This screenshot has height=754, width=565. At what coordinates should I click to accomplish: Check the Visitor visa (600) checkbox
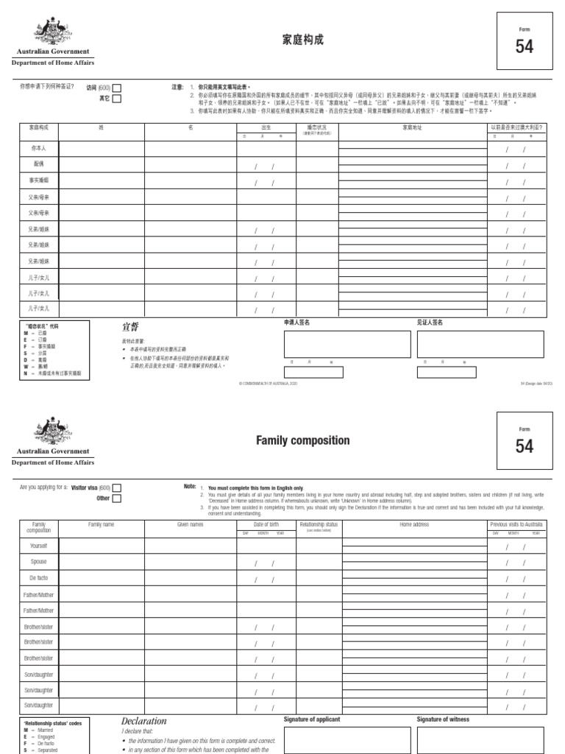(x=117, y=487)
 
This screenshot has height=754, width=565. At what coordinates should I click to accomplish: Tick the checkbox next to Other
(x=117, y=498)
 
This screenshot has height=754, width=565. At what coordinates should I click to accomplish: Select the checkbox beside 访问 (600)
(x=117, y=88)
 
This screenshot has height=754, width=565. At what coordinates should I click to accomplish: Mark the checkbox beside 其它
(x=117, y=98)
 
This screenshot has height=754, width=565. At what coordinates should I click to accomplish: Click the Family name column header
(x=102, y=524)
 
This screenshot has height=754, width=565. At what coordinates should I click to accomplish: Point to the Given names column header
(x=190, y=524)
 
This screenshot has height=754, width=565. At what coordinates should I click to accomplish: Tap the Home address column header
(x=414, y=524)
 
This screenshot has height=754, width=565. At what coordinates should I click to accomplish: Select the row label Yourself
(x=39, y=546)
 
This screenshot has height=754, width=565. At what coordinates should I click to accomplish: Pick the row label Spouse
(x=39, y=562)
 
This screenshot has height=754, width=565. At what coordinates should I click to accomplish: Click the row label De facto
(x=39, y=578)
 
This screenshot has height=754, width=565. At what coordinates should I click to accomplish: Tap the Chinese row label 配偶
(x=39, y=163)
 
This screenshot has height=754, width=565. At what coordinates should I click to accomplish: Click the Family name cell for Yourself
(x=102, y=546)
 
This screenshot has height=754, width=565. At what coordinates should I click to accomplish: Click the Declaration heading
(x=144, y=721)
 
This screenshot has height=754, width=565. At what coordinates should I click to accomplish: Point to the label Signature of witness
(x=443, y=719)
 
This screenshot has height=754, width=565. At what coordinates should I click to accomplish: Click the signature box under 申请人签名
(x=347, y=344)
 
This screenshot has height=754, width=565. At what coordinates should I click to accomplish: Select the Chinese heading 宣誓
(x=129, y=326)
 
